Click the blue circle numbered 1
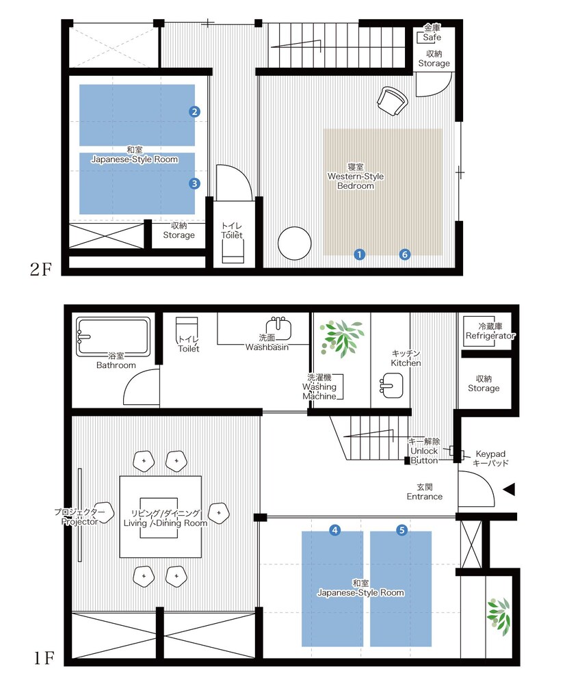pyautogui.click(x=359, y=254)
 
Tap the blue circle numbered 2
pyautogui.click(x=194, y=111)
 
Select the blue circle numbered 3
pyautogui.click(x=194, y=183)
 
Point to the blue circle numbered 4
pyautogui.click(x=334, y=530)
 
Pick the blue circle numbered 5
pyautogui.click(x=401, y=530)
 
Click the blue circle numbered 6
pyautogui.click(x=405, y=254)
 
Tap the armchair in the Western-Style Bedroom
pyautogui.click(x=392, y=101)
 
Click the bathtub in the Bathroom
pyautogui.click(x=114, y=337)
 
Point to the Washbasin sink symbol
pyautogui.click(x=278, y=328)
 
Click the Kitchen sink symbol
pyautogui.click(x=391, y=386)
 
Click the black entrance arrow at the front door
pyautogui.click(x=510, y=490)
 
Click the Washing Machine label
pyautogui.click(x=319, y=387)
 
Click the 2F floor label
pyautogui.click(x=40, y=269)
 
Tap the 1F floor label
pyautogui.click(x=44, y=658)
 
